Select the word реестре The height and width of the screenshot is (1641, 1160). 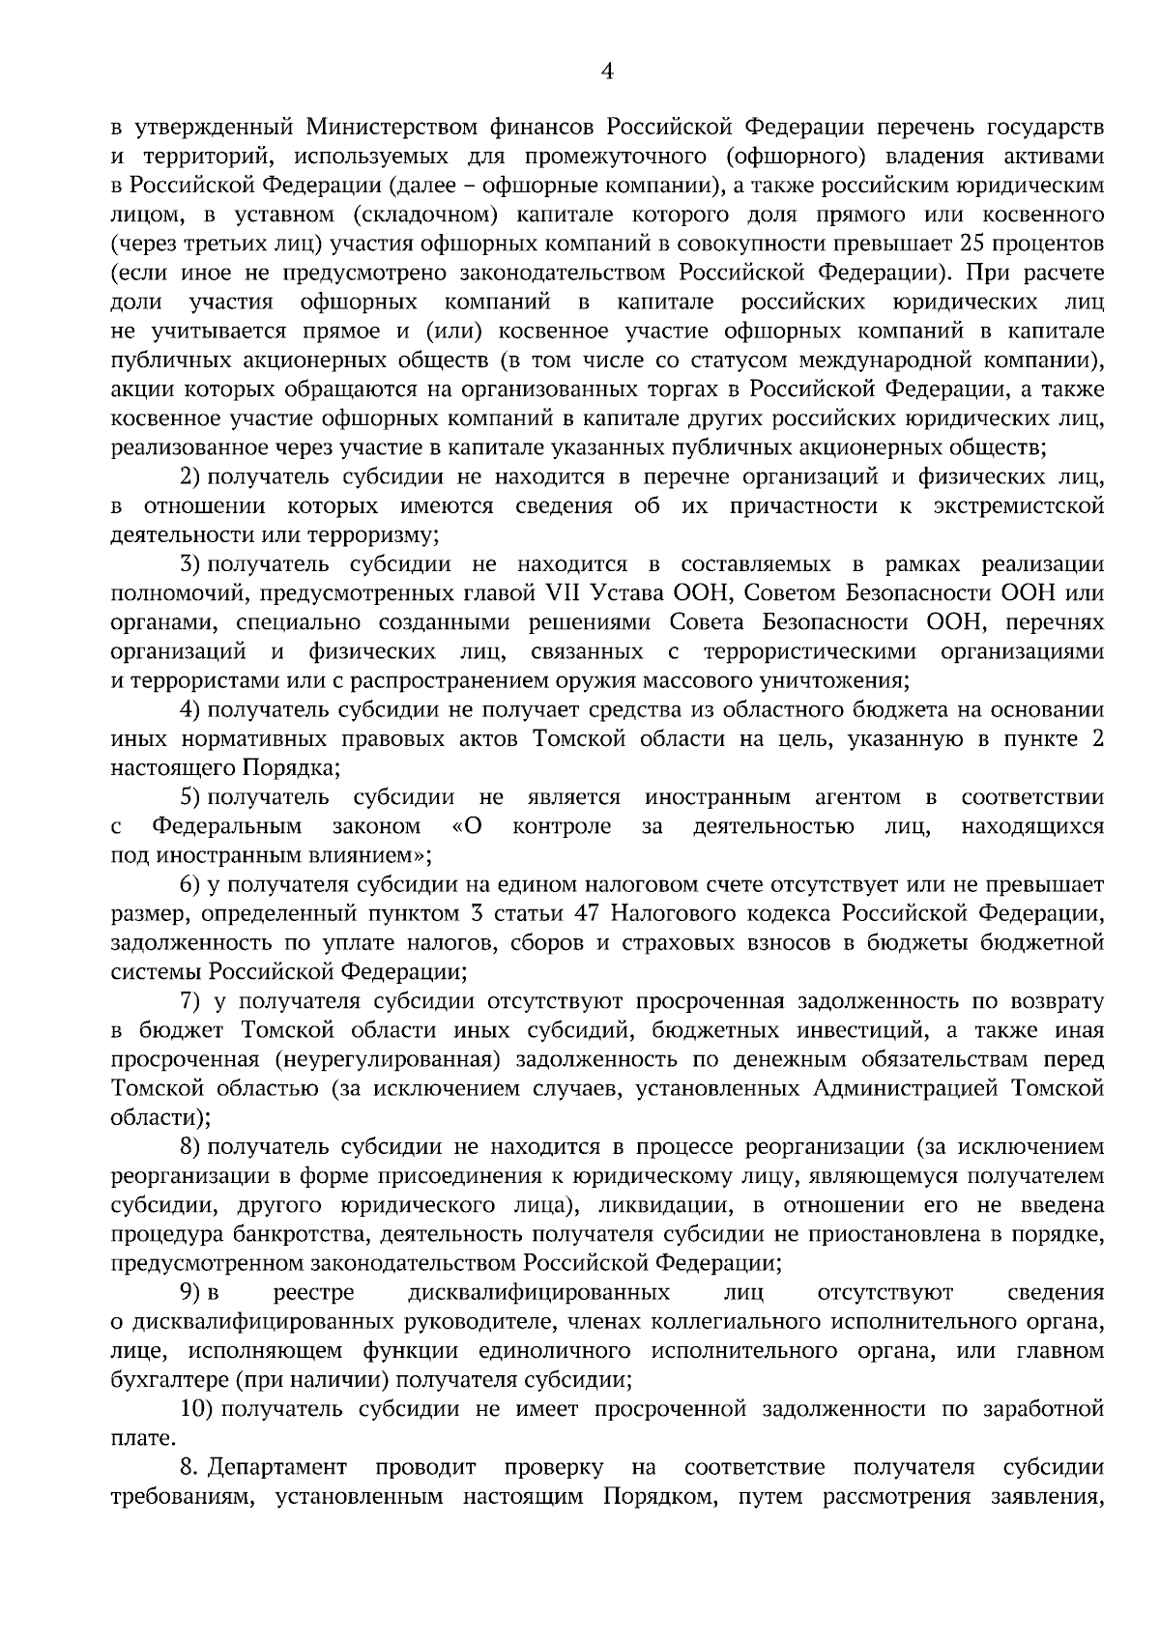(x=314, y=1292)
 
